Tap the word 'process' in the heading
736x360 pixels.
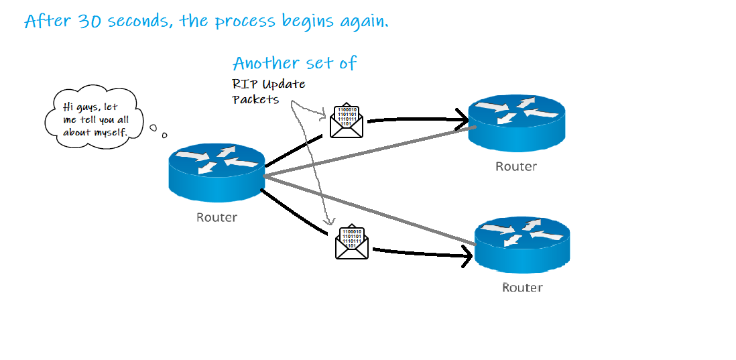click(246, 21)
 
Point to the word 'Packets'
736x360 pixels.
click(255, 100)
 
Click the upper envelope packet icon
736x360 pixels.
click(347, 121)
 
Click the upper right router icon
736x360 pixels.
click(516, 121)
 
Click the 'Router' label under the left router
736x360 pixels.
click(217, 217)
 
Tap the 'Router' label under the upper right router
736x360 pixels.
click(516, 166)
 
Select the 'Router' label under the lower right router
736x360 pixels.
click(522, 288)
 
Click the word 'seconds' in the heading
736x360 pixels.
click(137, 21)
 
